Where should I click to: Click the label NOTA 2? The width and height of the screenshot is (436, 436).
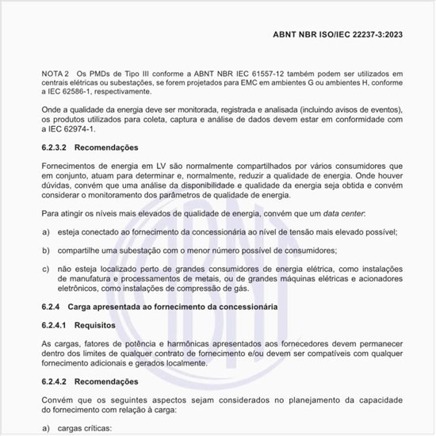click(55, 73)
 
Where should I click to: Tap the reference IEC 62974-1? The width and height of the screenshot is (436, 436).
click(69, 129)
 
